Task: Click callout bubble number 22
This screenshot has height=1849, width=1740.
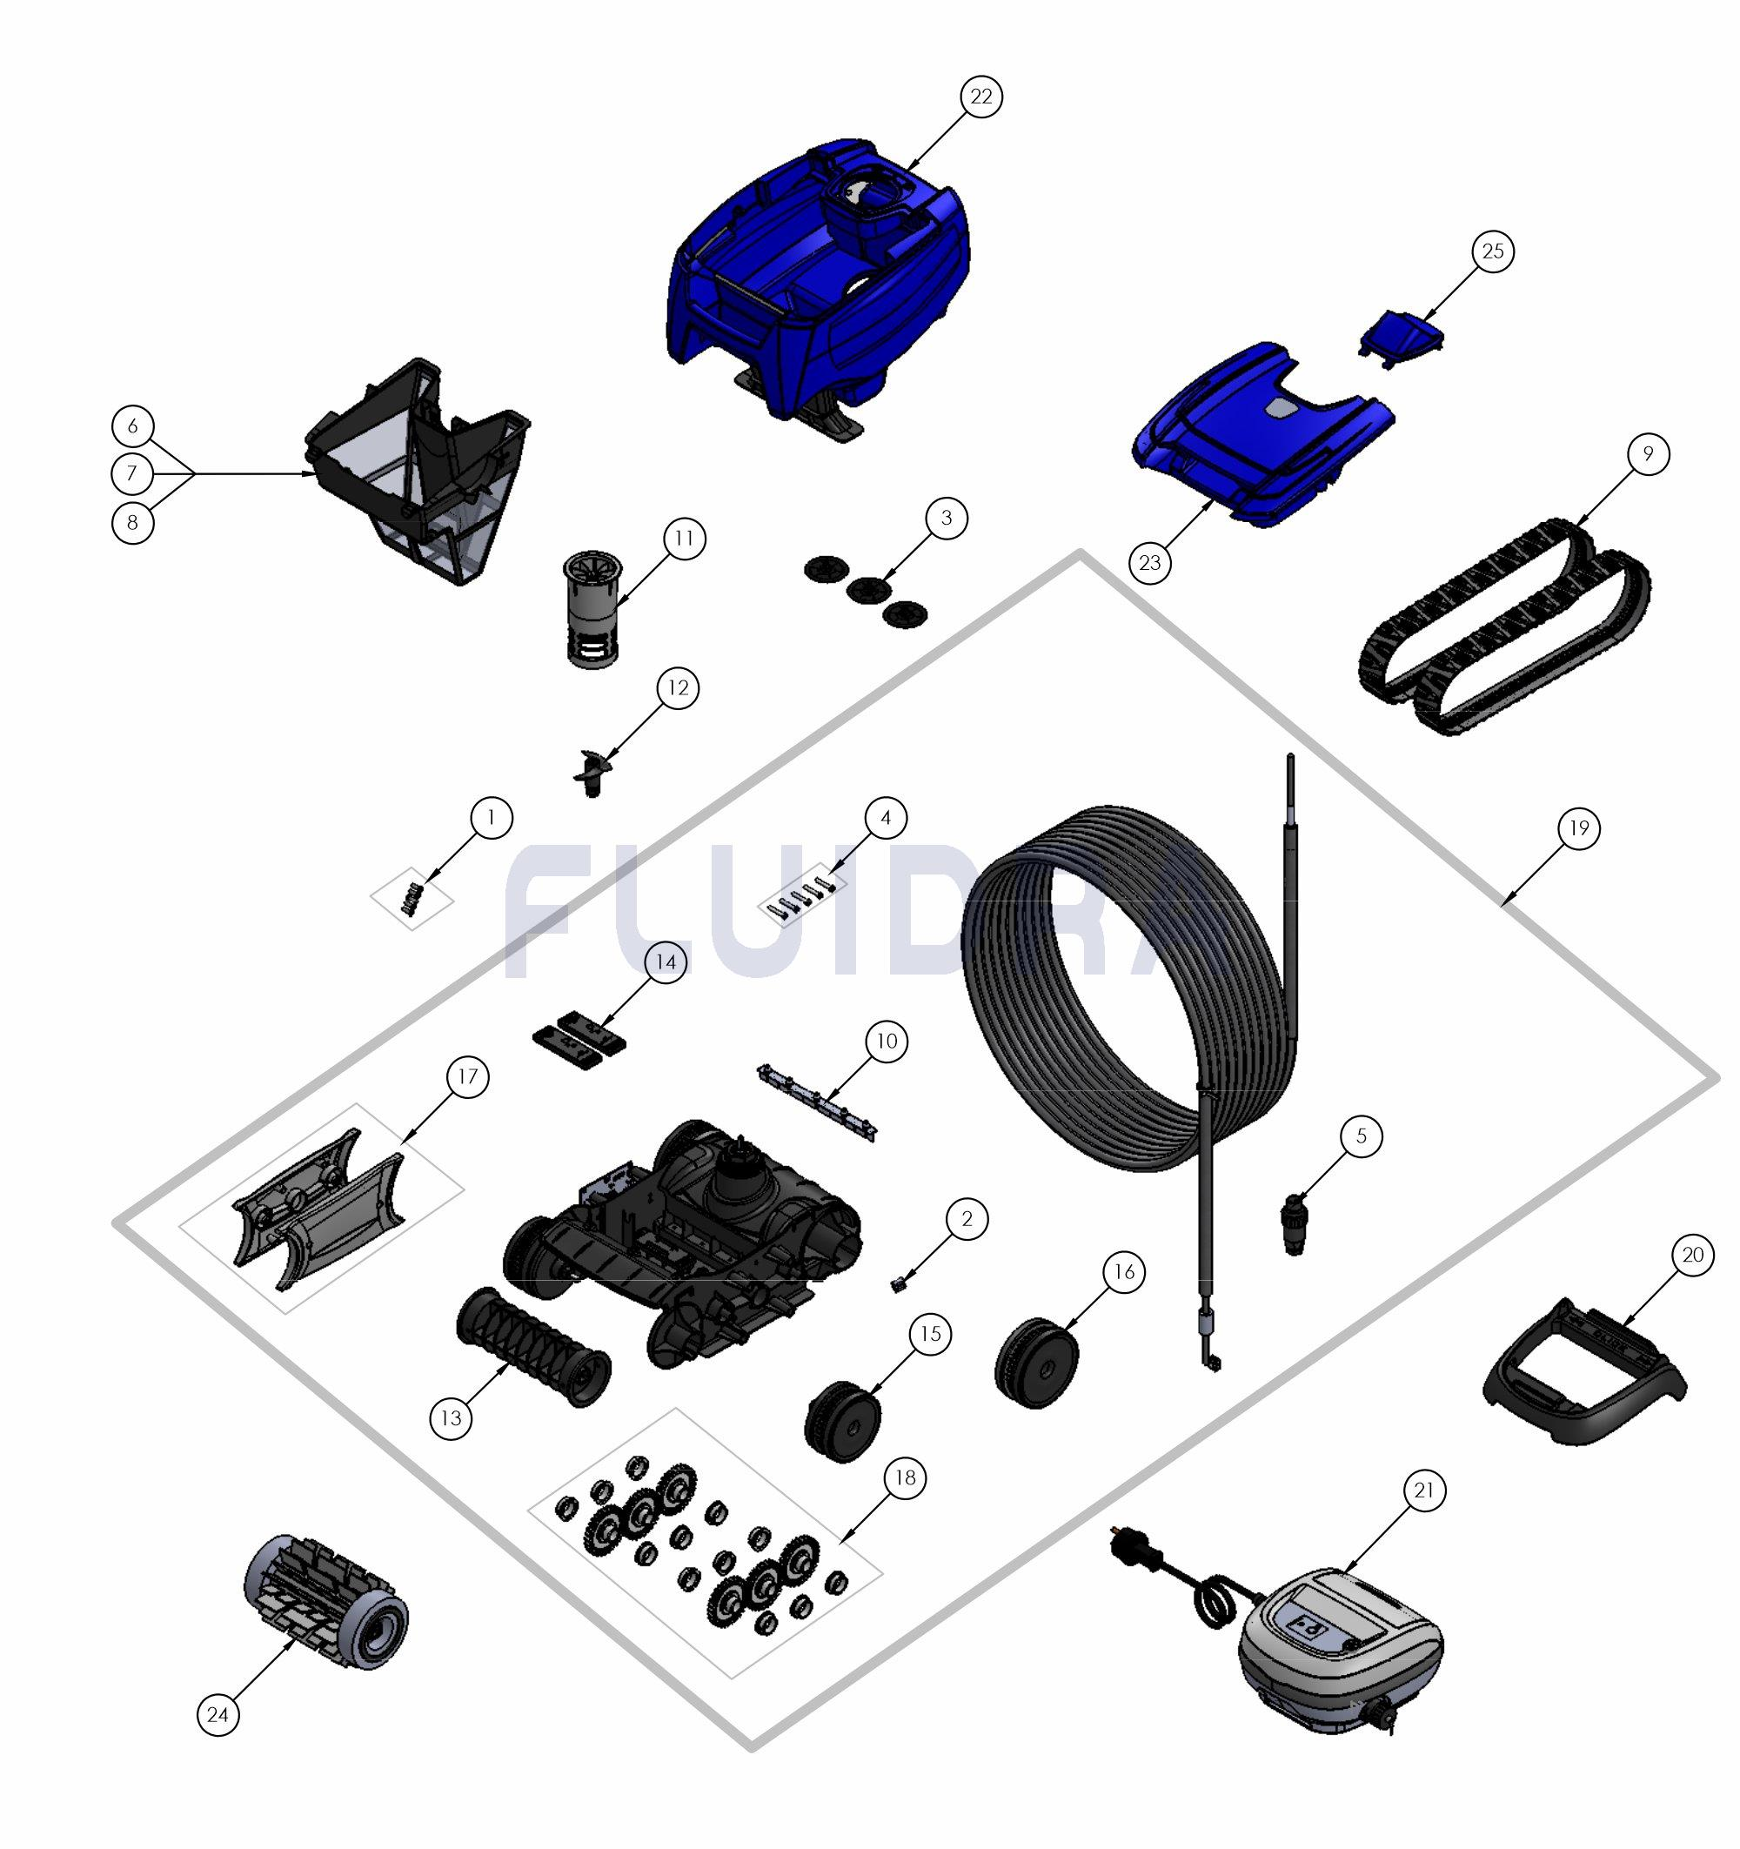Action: (981, 97)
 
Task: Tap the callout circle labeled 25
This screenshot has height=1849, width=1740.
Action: (1493, 252)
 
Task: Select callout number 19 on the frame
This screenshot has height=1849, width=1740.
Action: (1579, 827)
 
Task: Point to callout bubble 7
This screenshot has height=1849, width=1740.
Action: (132, 473)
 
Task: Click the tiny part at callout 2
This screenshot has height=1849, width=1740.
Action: (900, 1284)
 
